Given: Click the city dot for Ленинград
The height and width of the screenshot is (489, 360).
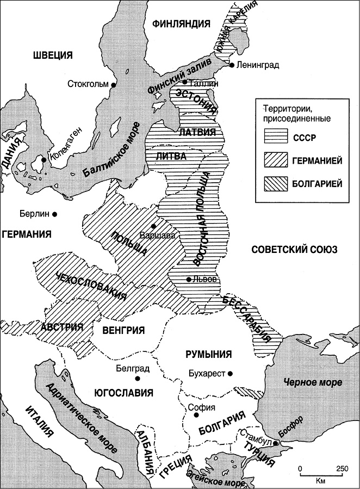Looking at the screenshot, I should (232, 65).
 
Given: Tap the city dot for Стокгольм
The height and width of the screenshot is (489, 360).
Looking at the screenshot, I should (114, 85).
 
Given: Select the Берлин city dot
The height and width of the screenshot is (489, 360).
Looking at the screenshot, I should (55, 214).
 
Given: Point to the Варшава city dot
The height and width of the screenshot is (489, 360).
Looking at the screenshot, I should (154, 226).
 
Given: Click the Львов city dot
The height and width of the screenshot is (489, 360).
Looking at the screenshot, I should (188, 280).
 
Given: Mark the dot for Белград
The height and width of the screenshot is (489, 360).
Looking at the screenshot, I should (138, 378).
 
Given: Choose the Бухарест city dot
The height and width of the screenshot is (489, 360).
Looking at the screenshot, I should (231, 374).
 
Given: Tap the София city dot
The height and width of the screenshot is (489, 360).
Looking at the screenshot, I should (196, 416).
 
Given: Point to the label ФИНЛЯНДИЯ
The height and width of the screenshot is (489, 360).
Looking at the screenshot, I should (182, 23).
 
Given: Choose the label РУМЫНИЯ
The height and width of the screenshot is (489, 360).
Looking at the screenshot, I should (209, 354).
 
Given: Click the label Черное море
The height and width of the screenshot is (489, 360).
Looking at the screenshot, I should (306, 382).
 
